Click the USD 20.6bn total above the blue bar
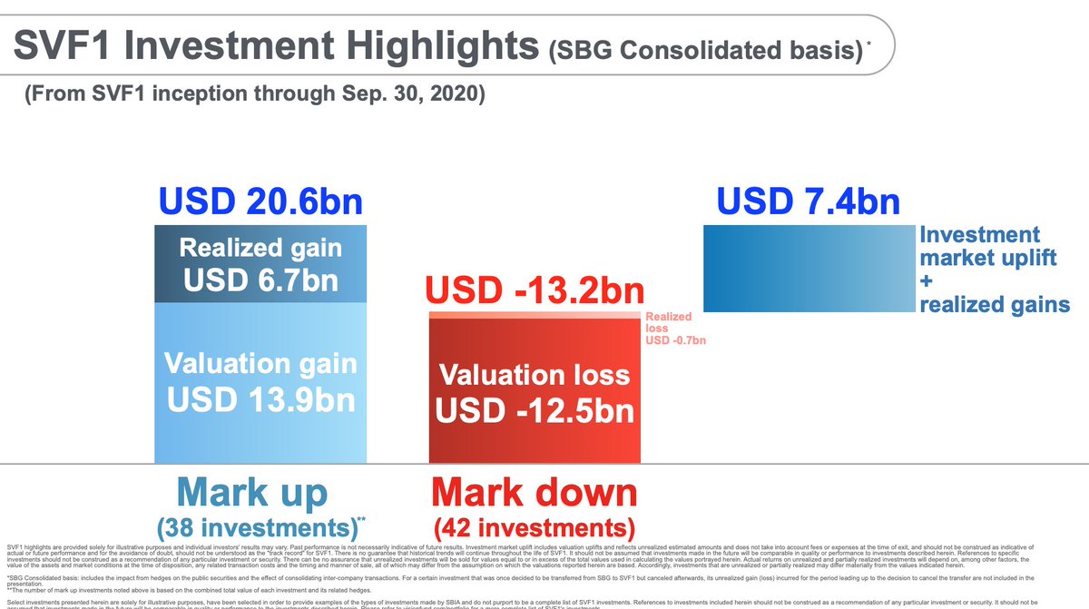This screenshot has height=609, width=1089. (261, 201)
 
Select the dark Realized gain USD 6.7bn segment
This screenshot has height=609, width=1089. (261, 265)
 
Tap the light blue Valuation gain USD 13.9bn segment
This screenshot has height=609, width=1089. (261, 381)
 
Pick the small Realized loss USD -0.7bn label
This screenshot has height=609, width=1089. (675, 329)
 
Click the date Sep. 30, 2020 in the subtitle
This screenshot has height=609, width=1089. (409, 94)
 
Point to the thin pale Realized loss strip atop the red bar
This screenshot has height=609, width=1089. (535, 315)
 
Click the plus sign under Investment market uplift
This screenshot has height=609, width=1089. (927, 281)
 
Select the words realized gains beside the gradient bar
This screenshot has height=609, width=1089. (995, 304)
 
